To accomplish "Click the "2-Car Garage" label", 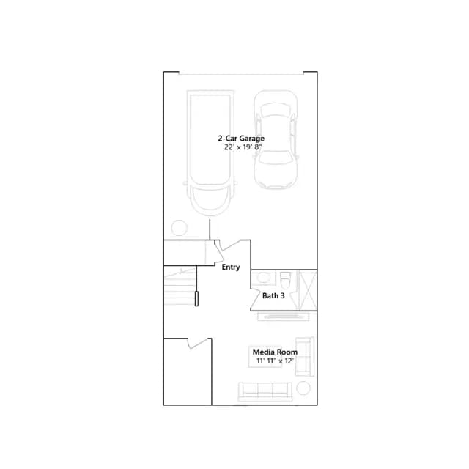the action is (241, 139).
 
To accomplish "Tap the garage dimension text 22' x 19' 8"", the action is (243, 147).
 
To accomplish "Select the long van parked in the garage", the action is (210, 152).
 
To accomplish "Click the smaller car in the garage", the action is (276, 140).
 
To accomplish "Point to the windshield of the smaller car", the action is (276, 158).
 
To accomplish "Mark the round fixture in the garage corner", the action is (179, 228).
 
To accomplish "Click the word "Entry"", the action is (231, 267).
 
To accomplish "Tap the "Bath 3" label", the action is (273, 296).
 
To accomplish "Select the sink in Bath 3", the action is (264, 278).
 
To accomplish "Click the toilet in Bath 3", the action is (285, 281).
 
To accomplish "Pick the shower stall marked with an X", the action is (308, 290).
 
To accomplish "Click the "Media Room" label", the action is (275, 352).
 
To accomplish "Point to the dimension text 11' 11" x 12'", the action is (275, 361).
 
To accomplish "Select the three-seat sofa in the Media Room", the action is (265, 391).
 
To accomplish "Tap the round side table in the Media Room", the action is (303, 388).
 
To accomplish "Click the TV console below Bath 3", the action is (284, 317).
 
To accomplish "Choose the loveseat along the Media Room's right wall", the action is (305, 357).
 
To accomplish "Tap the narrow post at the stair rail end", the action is (196, 298).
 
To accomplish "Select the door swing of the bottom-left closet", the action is (198, 344).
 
